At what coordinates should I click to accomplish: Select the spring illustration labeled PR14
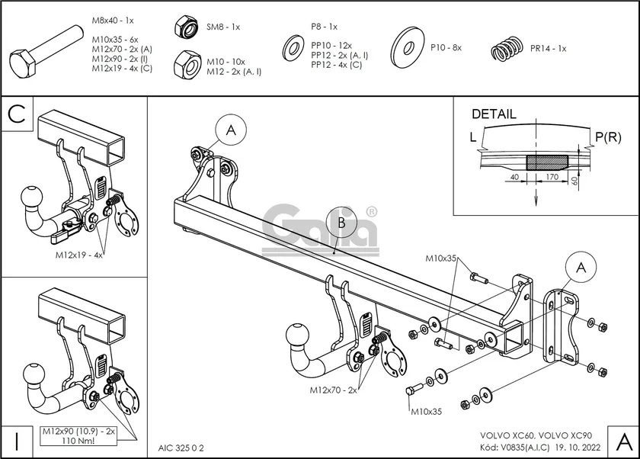click(506, 51)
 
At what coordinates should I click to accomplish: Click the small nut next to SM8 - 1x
click(187, 27)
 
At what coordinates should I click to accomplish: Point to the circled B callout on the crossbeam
click(341, 223)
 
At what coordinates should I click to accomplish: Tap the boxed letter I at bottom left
click(16, 441)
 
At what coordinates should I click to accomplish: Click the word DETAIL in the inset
click(494, 114)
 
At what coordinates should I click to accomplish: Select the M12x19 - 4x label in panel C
click(78, 255)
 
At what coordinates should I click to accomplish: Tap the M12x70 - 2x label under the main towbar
click(333, 390)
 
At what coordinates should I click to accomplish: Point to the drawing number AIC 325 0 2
click(181, 446)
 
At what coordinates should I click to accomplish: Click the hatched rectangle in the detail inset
click(548, 162)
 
